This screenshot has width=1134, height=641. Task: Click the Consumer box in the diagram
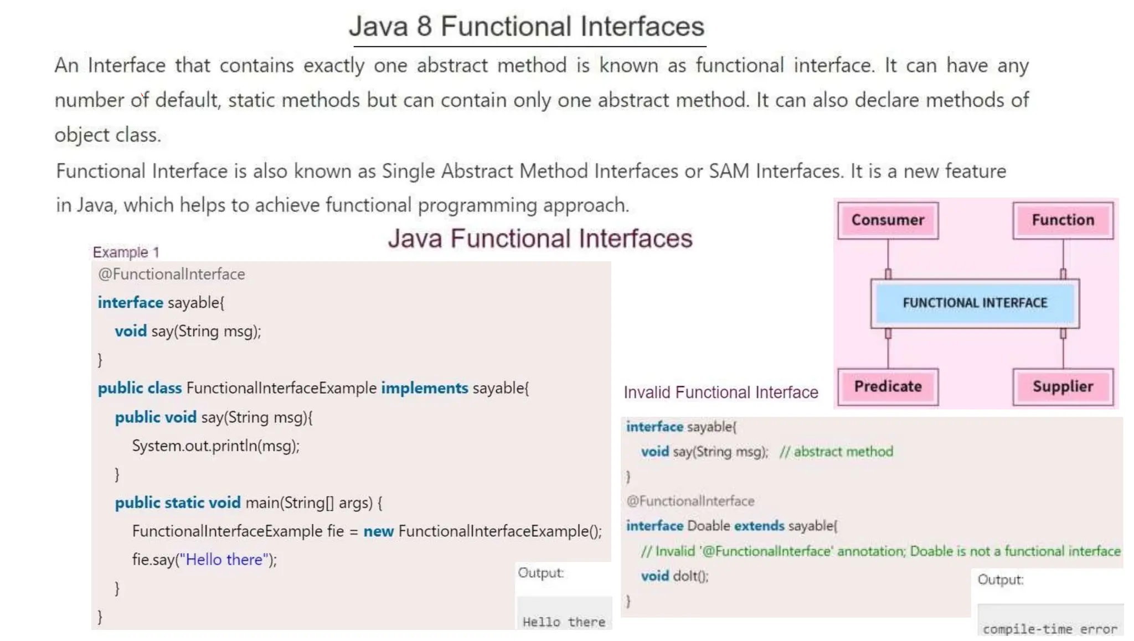pyautogui.click(x=888, y=220)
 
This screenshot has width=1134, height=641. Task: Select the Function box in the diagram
pyautogui.click(x=1063, y=220)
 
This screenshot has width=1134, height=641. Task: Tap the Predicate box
pyautogui.click(x=888, y=386)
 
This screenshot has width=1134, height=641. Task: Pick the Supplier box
pyautogui.click(x=1063, y=386)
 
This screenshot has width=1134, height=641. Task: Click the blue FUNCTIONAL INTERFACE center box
pyautogui.click(x=975, y=303)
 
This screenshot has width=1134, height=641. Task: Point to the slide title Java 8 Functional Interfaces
pyautogui.click(x=527, y=27)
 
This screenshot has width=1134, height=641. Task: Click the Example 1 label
pyautogui.click(x=126, y=252)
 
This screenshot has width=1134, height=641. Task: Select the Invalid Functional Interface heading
pyautogui.click(x=720, y=392)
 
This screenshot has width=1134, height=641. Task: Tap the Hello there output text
pyautogui.click(x=564, y=622)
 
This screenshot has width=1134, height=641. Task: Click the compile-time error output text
pyautogui.click(x=1050, y=629)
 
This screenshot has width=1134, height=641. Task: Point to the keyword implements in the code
pyautogui.click(x=424, y=388)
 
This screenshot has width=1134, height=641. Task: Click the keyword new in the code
pyautogui.click(x=378, y=531)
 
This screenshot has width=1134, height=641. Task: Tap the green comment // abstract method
pyautogui.click(x=836, y=452)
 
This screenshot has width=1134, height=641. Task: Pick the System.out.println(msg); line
pyautogui.click(x=215, y=446)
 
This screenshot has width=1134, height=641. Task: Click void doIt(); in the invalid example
pyautogui.click(x=674, y=576)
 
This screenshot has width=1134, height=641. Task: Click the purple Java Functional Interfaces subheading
pyautogui.click(x=540, y=239)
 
